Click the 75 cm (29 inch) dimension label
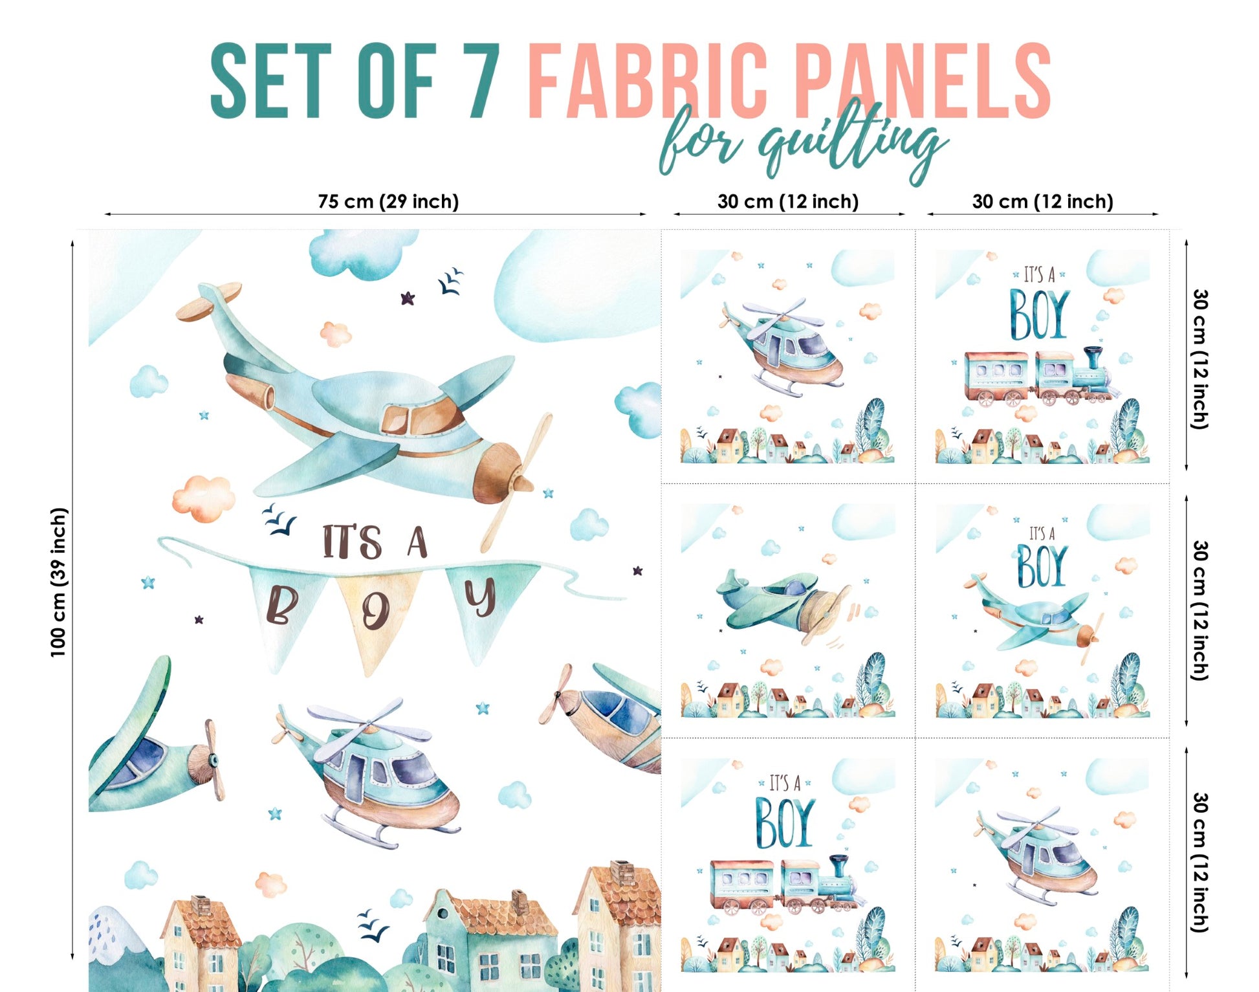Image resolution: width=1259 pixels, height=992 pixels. pyautogui.click(x=388, y=201)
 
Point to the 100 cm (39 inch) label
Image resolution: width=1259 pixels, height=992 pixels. pyautogui.click(x=59, y=582)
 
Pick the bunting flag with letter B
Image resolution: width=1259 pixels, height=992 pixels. pyautogui.click(x=285, y=612)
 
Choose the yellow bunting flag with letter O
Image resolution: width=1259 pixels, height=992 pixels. pyautogui.click(x=375, y=615)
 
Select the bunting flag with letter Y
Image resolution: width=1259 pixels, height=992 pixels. pyautogui.click(x=482, y=605)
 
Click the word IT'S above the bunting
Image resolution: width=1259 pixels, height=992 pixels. pyautogui.click(x=352, y=542)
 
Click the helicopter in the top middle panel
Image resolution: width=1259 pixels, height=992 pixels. pyautogui.click(x=783, y=346)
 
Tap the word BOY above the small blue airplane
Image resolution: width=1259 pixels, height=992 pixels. pyautogui.click(x=1042, y=566)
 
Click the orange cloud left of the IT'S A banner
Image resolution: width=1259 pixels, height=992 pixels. pyautogui.click(x=203, y=496)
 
